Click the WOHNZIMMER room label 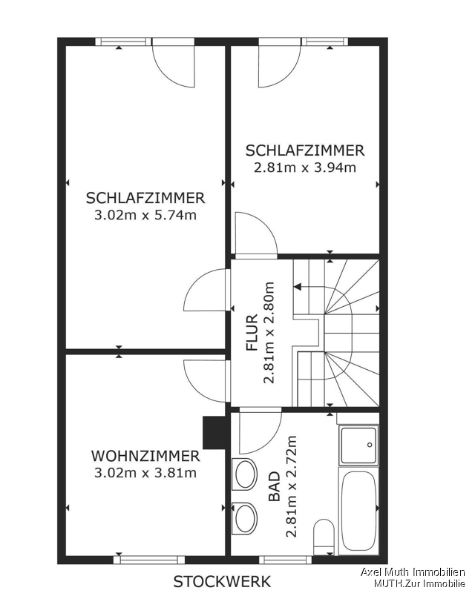[x=145, y=456]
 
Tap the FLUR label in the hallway [x=252, y=332]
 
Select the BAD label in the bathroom [x=275, y=486]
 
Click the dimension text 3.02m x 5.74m [x=145, y=215]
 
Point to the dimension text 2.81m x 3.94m [x=305, y=168]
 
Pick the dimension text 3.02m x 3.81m [x=145, y=473]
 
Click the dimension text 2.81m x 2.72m [x=291, y=486]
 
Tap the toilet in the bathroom [x=324, y=537]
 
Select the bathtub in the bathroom [x=358, y=511]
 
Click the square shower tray [x=358, y=446]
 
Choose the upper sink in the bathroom [x=245, y=474]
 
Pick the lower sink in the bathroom [x=245, y=518]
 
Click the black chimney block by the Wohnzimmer [x=215, y=433]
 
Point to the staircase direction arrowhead [x=298, y=287]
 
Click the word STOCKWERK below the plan [x=223, y=581]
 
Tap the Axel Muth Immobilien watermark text [x=412, y=572]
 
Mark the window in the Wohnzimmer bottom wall [x=149, y=560]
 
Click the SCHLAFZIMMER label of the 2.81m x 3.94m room [x=305, y=150]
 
